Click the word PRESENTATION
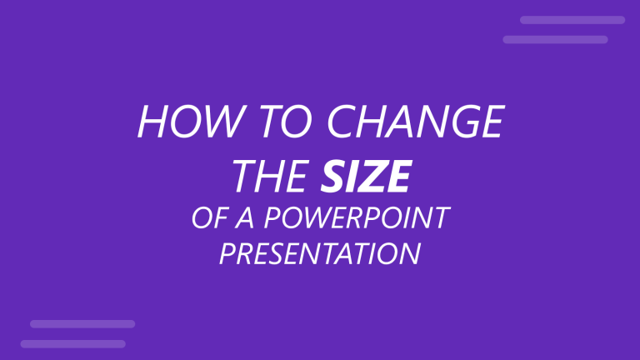(x=320, y=253)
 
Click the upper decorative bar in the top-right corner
(x=572, y=20)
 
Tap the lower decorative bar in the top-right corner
(x=555, y=39)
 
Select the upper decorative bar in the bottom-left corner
(x=82, y=323)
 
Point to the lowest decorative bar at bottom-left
(x=72, y=343)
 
